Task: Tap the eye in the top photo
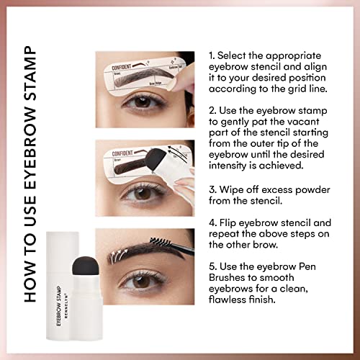pos(145,103)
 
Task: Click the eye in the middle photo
pos(141,193)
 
